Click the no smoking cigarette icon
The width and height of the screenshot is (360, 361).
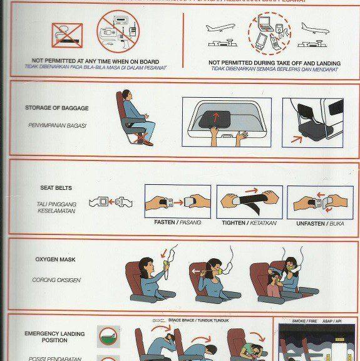coord(67,34)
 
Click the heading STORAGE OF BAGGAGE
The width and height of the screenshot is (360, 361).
coord(57,108)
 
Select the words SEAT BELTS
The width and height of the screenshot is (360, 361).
coord(55,187)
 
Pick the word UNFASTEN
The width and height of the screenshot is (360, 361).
coord(307,222)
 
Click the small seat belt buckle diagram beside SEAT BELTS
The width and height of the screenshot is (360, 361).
coord(111,202)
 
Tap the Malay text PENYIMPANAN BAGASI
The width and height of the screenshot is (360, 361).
coord(56,125)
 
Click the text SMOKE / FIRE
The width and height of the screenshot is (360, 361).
coord(304,320)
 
